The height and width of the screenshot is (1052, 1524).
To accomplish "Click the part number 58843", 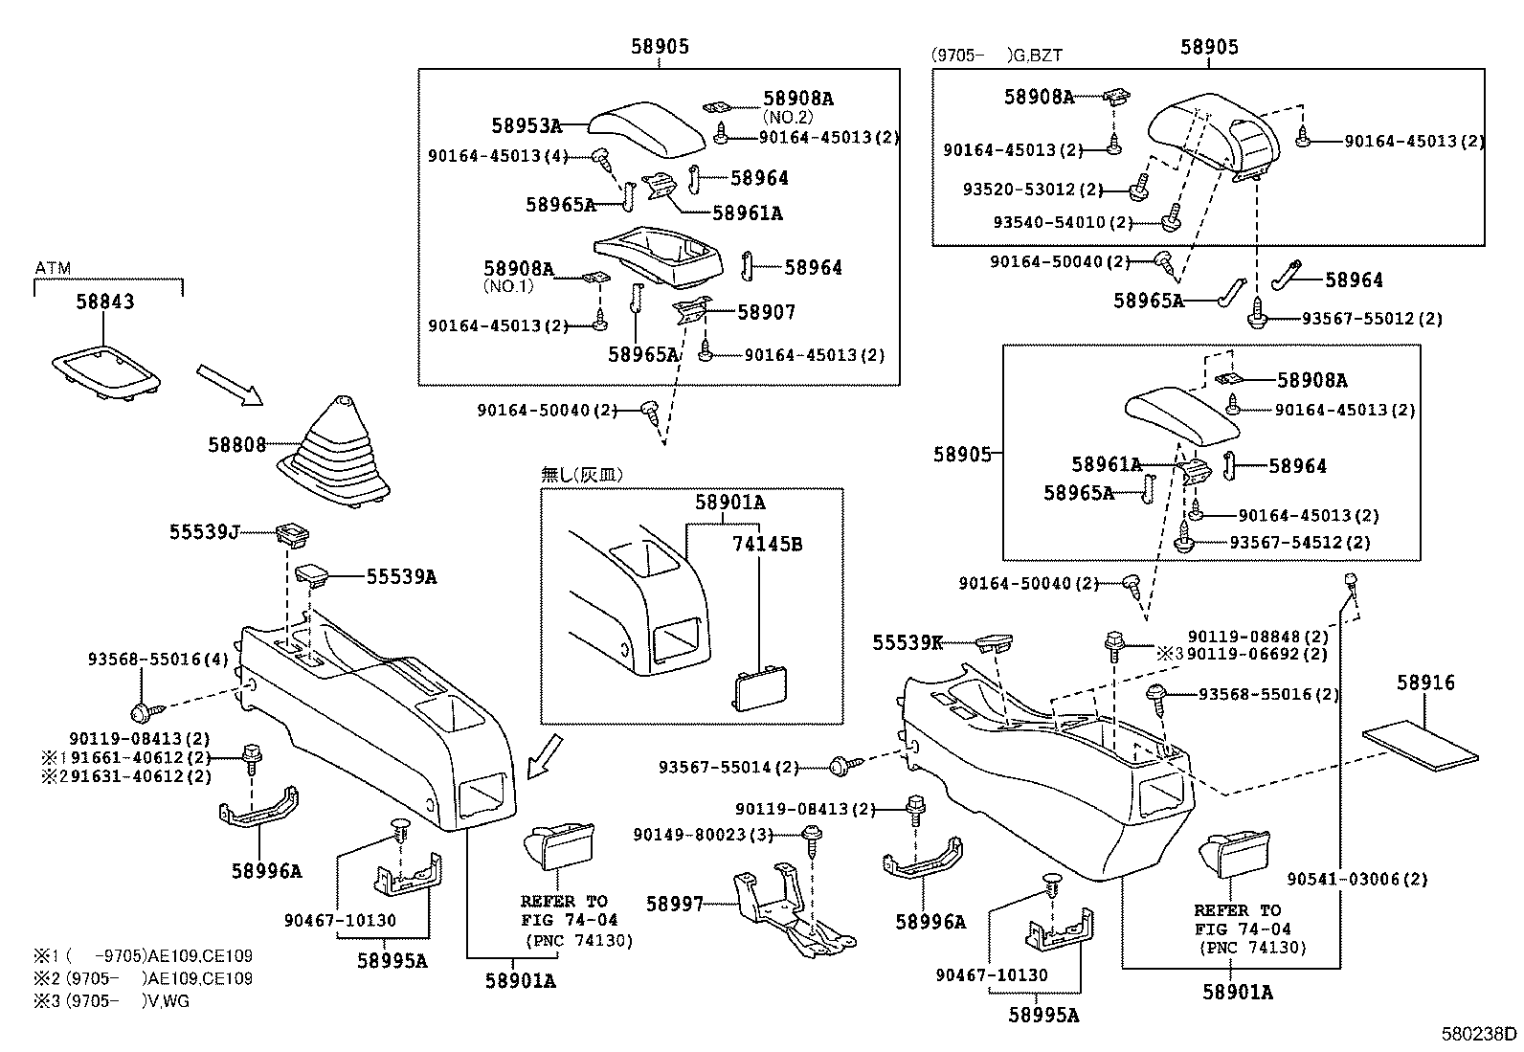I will (x=105, y=302).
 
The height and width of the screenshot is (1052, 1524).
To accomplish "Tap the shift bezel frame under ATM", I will (x=105, y=373).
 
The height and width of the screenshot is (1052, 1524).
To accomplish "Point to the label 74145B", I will (x=768, y=545).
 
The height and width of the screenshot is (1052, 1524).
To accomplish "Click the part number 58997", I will (x=674, y=904).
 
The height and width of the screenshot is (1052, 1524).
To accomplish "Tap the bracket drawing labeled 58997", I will (x=790, y=909).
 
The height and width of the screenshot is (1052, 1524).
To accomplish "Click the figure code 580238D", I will (x=1480, y=1034).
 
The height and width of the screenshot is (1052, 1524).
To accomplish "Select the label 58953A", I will (x=526, y=125).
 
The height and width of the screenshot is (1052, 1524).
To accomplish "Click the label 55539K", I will (x=908, y=643).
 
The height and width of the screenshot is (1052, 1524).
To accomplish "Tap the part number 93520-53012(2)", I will (x=1033, y=190).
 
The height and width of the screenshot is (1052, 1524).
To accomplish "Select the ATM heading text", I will (x=53, y=268).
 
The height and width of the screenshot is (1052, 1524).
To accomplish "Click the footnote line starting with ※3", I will (x=115, y=1001).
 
